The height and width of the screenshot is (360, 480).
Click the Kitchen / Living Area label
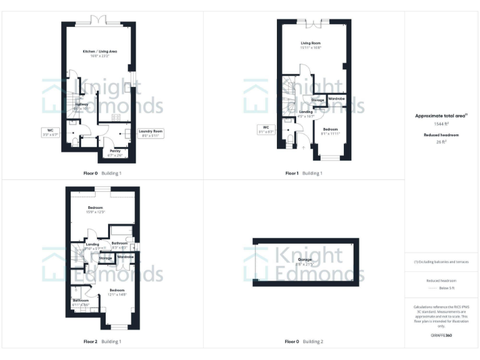[100, 51]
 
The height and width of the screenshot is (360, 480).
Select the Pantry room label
[115, 151]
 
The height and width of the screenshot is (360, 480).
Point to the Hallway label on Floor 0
[82, 104]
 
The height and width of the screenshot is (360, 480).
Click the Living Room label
[310, 43]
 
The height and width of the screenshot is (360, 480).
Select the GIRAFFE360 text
[441, 336]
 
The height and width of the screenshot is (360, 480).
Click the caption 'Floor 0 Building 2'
[304, 342]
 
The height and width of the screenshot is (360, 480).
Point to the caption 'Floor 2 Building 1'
[102, 342]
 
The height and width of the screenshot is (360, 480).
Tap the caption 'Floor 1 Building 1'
[304, 173]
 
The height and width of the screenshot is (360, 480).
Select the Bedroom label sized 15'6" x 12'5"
[95, 207]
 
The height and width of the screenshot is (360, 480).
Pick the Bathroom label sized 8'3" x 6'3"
[119, 243]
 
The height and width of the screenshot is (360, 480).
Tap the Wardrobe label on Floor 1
[336, 99]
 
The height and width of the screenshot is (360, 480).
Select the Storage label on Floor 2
[105, 257]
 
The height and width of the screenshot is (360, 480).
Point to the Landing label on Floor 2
[92, 244]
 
